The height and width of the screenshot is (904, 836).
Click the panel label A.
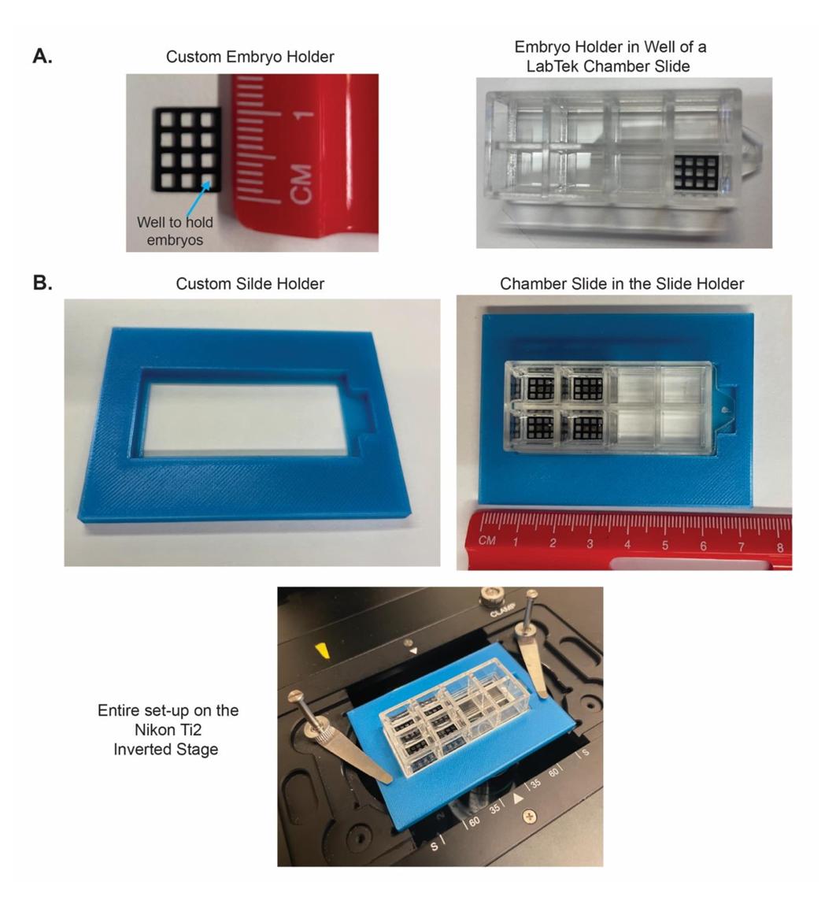coord(43,56)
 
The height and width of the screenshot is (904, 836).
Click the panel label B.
coord(43,283)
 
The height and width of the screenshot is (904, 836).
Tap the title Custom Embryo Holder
coord(250,57)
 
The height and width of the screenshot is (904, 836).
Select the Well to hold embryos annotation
coord(175,232)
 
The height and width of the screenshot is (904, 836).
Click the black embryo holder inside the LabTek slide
coord(697,172)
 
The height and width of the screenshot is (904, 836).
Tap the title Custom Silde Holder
coord(250,283)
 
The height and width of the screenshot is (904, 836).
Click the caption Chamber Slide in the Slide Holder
coord(622,283)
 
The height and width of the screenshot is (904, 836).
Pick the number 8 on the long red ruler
coord(780,547)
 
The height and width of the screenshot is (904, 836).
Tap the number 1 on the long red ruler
coord(516,543)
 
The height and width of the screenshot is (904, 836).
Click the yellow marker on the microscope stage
coord(321,650)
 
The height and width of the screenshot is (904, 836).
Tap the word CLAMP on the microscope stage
coord(501,613)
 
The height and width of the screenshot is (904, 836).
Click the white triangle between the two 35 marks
coord(518,798)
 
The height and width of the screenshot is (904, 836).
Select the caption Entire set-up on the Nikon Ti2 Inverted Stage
coord(168,730)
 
